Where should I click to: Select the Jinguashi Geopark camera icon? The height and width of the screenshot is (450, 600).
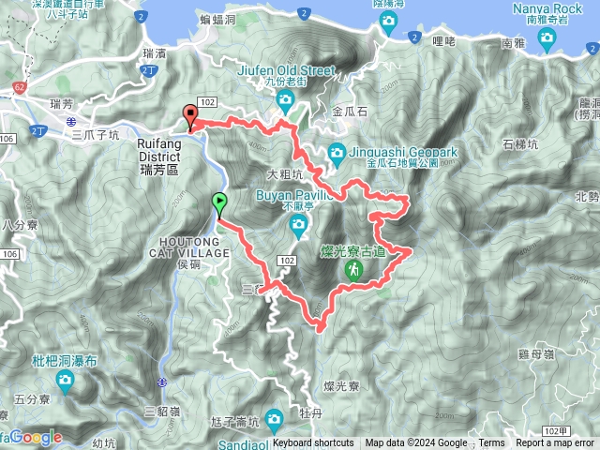(337, 152)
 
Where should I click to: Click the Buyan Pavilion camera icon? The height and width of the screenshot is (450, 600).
(297, 223)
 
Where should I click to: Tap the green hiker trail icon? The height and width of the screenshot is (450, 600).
(353, 270)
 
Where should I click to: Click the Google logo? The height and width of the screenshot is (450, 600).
(37, 437)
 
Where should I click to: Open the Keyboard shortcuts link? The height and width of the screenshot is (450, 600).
(313, 443)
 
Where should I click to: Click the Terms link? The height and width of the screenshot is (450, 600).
(491, 443)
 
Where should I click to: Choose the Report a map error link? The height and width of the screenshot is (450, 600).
(555, 443)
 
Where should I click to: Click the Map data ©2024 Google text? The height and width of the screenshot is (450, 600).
(416, 443)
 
